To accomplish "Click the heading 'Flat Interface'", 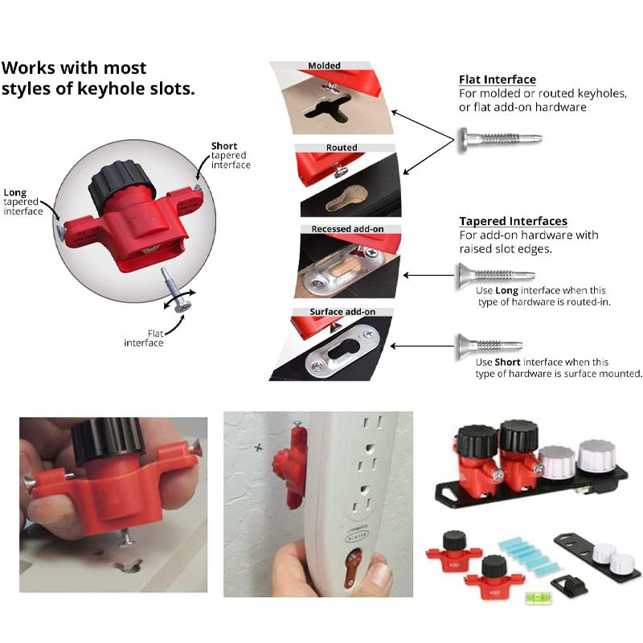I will coord(497,80).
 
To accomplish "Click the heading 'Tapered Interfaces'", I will coord(513,221).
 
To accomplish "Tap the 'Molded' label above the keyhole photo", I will coord(324,66).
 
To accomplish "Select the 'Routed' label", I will coord(342,148).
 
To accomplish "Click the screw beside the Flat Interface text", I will coord(498,140).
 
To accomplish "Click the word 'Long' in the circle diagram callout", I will coord(15,193).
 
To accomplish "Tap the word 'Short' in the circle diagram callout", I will coord(224,146).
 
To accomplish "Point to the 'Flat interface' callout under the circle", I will coord(145,338).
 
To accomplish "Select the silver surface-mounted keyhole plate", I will coord(344,354).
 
